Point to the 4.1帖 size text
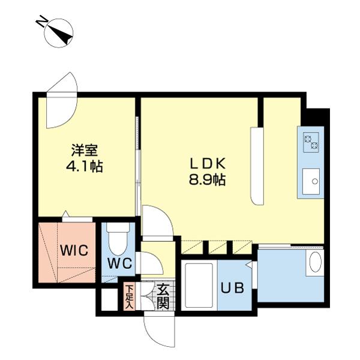coord(84,166)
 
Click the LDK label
coord(208,163)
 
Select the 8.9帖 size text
coord(208,179)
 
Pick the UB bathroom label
coord(233,288)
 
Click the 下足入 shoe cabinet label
coord(129,296)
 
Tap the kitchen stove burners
coord(311,143)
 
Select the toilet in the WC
coord(121,239)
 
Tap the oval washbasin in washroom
coord(314,262)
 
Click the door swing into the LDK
coord(156,222)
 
